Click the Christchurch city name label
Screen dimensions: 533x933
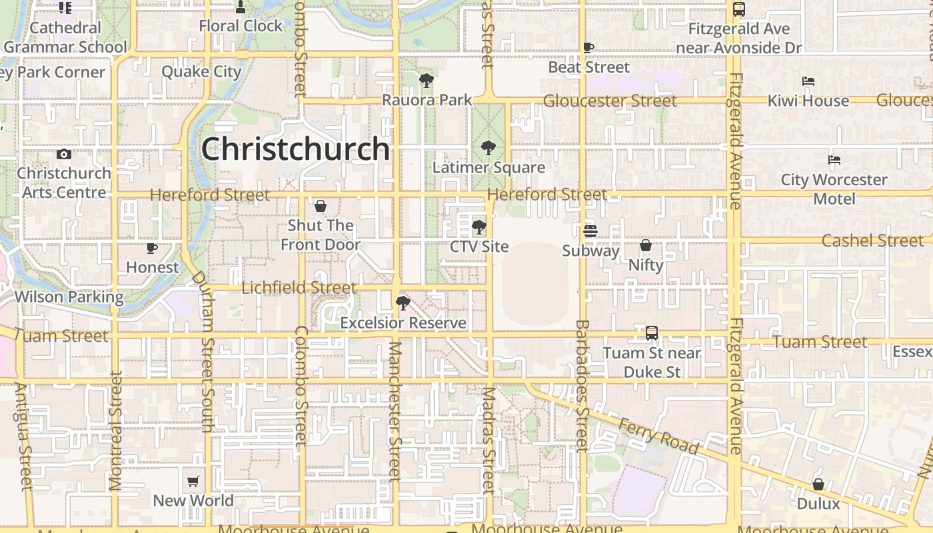tap(295, 149)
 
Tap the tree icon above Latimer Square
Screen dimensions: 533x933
tap(488, 148)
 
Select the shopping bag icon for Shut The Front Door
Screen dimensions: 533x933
tap(321, 206)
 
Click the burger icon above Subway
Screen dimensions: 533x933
tap(590, 231)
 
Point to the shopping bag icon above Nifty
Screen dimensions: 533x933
tap(646, 246)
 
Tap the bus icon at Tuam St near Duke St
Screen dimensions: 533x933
tap(652, 332)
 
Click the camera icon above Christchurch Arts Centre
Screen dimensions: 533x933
tap(64, 154)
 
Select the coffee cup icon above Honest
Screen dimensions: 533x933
tap(153, 249)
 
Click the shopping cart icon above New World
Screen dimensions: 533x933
tap(193, 481)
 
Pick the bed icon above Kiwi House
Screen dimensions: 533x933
tap(808, 81)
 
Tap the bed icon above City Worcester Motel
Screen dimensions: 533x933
tap(834, 160)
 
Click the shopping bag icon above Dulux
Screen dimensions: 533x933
tap(818, 484)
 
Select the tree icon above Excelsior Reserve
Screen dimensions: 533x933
tap(403, 304)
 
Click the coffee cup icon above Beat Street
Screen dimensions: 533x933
tap(588, 48)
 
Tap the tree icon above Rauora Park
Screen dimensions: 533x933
tap(427, 81)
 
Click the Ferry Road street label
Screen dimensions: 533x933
tap(658, 436)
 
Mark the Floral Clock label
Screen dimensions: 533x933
tap(241, 26)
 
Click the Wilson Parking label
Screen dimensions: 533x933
tap(69, 297)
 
